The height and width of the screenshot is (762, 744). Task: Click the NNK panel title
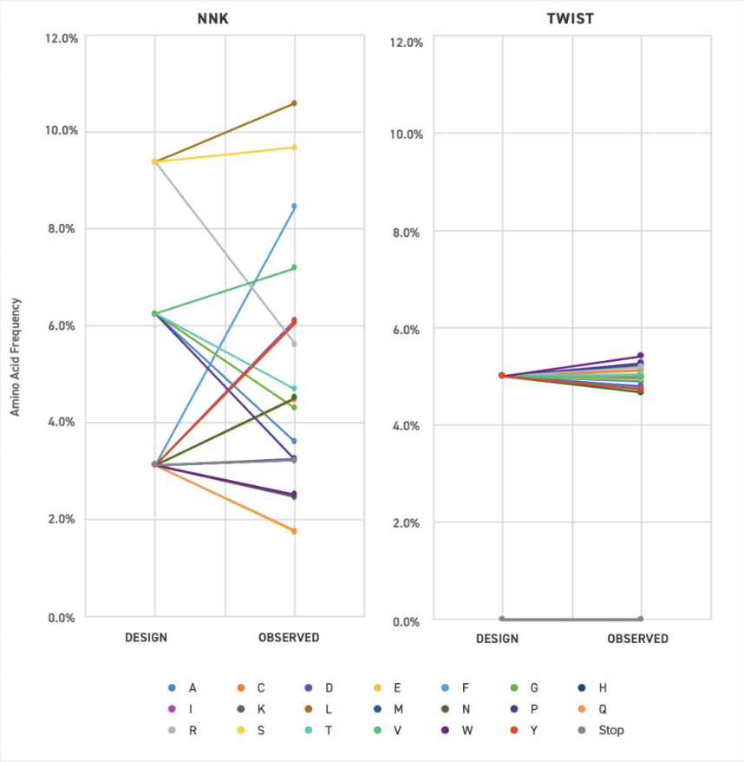[x=213, y=18]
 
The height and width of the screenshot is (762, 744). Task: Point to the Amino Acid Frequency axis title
[x=16, y=357]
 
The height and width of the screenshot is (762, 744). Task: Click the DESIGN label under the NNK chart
[x=146, y=638]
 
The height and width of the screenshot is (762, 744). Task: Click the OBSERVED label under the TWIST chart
[x=637, y=639]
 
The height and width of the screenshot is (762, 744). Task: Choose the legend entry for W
[x=466, y=730]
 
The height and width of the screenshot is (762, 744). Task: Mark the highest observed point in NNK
[x=294, y=103]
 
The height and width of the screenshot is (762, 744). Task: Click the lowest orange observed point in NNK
[x=294, y=530]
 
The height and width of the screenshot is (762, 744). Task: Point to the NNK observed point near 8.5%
[x=294, y=206]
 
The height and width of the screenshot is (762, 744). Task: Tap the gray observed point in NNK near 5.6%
[x=294, y=345]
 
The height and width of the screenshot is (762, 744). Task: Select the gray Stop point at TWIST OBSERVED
[x=641, y=619]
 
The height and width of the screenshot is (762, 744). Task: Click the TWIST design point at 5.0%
[x=501, y=376]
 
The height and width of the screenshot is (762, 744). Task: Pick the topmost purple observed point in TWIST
[x=641, y=356]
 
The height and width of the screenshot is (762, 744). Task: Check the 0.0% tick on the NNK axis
[x=62, y=618]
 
